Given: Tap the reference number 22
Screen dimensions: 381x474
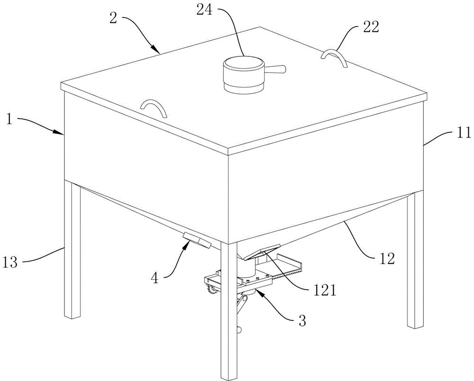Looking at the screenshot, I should pyautogui.click(x=371, y=28).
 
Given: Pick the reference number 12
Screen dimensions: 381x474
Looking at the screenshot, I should pyautogui.click(x=388, y=258).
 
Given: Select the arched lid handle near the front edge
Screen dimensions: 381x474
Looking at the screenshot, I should pyautogui.click(x=155, y=107).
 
